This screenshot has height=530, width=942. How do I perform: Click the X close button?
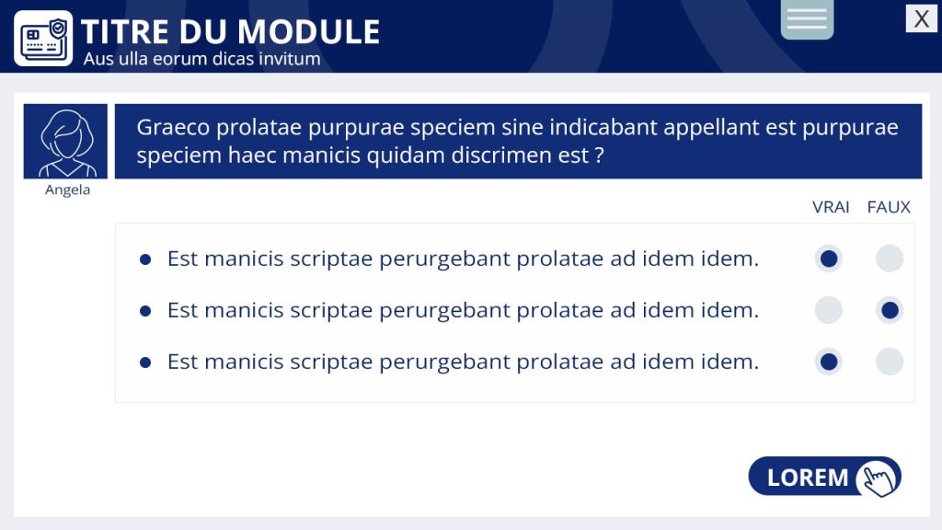pyautogui.click(x=921, y=18)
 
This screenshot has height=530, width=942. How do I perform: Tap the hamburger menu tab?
pyautogui.click(x=807, y=18)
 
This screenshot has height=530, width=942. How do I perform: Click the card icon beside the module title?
pyautogui.click(x=43, y=39)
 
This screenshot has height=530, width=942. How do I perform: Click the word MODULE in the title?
pyautogui.click(x=309, y=32)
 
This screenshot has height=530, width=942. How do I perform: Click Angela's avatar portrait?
pyautogui.click(x=65, y=141)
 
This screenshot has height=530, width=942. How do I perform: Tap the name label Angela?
pyautogui.click(x=67, y=190)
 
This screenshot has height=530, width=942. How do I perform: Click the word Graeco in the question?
pyautogui.click(x=173, y=127)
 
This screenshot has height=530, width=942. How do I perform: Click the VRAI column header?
pyautogui.click(x=831, y=207)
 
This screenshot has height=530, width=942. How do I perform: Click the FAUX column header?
pyautogui.click(x=889, y=207)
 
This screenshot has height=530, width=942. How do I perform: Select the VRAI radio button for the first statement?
pyautogui.click(x=829, y=259)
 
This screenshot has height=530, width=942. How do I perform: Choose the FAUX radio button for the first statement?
pyautogui.click(x=890, y=259)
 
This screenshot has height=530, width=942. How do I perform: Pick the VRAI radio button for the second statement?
pyautogui.click(x=829, y=311)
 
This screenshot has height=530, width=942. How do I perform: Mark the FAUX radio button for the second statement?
pyautogui.click(x=890, y=311)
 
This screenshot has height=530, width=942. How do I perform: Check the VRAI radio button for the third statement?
pyautogui.click(x=829, y=362)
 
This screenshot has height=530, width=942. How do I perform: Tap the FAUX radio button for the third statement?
pyautogui.click(x=890, y=362)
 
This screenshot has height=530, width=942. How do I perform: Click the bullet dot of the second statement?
pyautogui.click(x=144, y=311)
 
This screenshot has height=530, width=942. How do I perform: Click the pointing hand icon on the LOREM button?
pyautogui.click(x=879, y=478)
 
